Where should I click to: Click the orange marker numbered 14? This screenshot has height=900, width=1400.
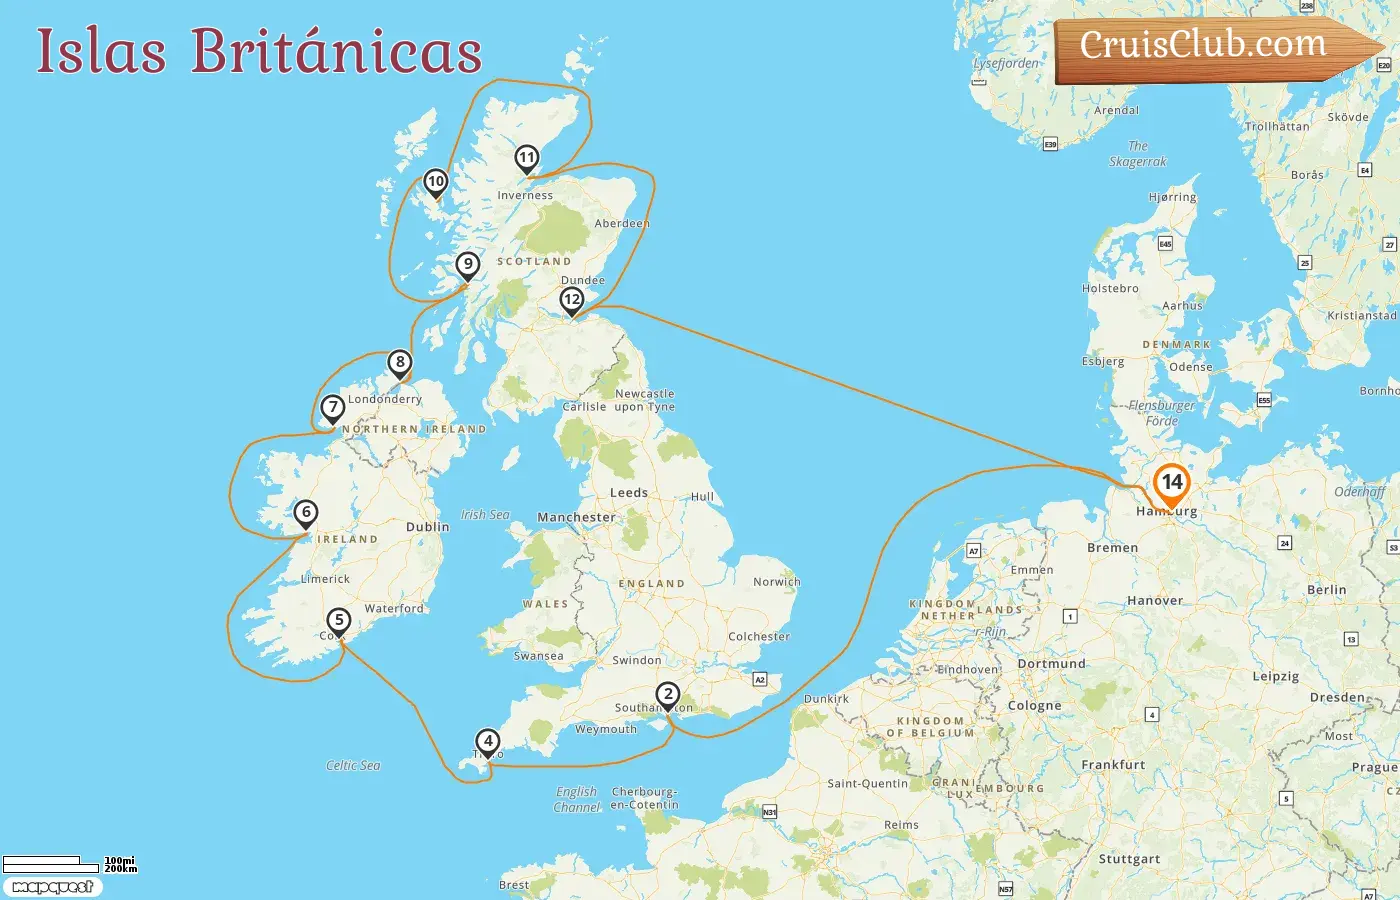1171,483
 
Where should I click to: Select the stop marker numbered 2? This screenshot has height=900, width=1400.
667,694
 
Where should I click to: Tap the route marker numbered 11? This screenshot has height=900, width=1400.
527,157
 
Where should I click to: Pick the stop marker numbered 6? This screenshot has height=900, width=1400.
306,513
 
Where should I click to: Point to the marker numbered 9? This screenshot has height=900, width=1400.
467,265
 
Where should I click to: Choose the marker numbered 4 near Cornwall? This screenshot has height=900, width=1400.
487,741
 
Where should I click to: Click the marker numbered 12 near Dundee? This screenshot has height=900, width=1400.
572,299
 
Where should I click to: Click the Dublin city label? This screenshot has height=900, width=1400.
427,527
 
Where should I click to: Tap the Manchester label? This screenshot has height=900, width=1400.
576,517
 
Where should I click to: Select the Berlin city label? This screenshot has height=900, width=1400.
1326,590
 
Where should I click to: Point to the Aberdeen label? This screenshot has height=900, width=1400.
622,223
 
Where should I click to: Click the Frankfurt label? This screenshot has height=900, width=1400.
1113,765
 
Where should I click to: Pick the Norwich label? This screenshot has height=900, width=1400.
776,581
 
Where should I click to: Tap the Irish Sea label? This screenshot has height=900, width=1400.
485,514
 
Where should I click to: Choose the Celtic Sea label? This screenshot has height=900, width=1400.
353,765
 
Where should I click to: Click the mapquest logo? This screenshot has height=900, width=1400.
52,887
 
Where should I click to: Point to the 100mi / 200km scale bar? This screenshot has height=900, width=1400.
68,863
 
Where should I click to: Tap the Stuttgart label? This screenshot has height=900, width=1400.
1129,859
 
